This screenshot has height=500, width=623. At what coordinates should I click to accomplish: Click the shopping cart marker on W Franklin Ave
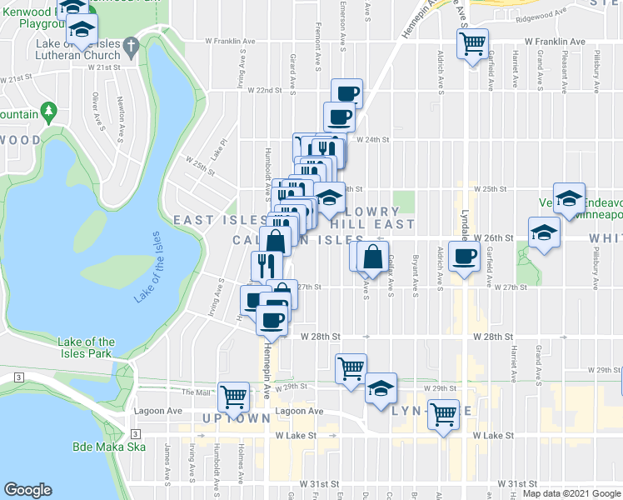[473, 43]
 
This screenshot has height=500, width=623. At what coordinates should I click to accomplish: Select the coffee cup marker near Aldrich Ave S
[464, 258]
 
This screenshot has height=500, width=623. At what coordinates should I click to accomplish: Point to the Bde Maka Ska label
[109, 447]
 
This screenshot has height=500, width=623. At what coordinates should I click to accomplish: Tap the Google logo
[28, 490]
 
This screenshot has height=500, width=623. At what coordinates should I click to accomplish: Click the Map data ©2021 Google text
[571, 493]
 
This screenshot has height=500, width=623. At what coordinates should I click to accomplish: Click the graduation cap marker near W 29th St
[381, 387]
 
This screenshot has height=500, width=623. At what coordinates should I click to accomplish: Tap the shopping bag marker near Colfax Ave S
[371, 256]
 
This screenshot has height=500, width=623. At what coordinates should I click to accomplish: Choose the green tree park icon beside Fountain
[49, 112]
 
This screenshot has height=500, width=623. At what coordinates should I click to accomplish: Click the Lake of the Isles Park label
[87, 347]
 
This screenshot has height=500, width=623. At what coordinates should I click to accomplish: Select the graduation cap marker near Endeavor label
[569, 200]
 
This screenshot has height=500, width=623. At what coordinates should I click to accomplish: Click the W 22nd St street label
[265, 90]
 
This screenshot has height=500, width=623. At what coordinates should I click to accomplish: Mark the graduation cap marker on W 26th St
[542, 232]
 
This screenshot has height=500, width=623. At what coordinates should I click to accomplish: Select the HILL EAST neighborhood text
[371, 224]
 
